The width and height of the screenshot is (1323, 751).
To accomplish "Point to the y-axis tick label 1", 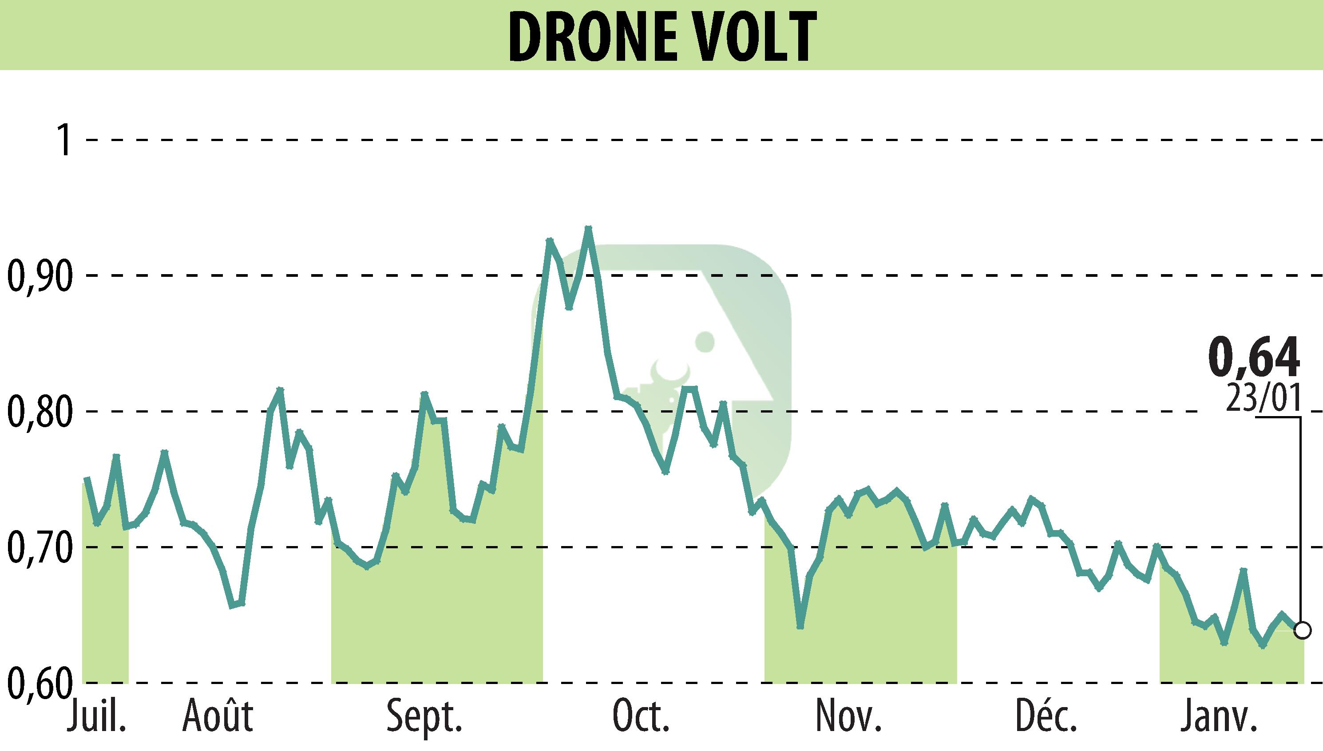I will click(66, 140).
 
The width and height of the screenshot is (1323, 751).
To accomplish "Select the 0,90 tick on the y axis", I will click(38, 276).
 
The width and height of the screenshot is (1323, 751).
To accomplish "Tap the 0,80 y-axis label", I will click(38, 412).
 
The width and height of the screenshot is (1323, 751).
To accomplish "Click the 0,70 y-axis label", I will click(38, 547).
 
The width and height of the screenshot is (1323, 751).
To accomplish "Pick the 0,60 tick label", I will click(38, 683).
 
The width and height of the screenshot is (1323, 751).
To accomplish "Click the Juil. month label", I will click(96, 716).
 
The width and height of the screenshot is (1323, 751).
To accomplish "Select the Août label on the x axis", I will click(217, 716).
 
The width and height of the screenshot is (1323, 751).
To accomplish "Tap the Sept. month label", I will click(424, 716).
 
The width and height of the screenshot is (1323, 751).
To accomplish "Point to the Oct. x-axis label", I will click(641, 716).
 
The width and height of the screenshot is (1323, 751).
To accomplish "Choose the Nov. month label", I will click(848, 716).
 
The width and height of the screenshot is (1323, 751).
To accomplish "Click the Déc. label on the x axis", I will click(1046, 716).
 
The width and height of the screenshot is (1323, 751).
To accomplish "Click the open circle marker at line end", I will click(1303, 630).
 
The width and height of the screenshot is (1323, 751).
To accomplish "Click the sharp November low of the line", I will click(800, 627).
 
